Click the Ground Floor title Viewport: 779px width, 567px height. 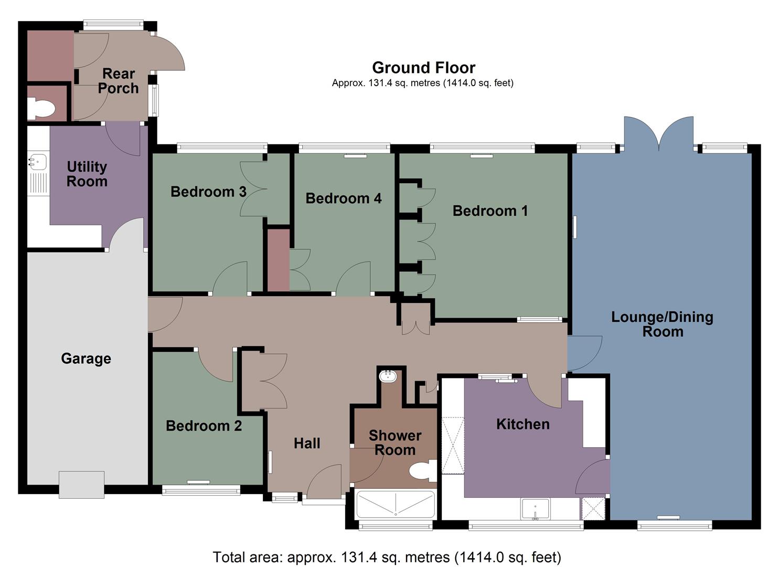pyautogui.click(x=423, y=68)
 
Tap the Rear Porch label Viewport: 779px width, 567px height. pyautogui.click(x=119, y=81)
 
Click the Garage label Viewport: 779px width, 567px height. pyautogui.click(x=86, y=359)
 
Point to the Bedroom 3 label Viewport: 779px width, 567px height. pyautogui.click(x=208, y=192)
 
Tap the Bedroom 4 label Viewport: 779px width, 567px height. pyautogui.click(x=343, y=198)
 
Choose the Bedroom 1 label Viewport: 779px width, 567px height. pyautogui.click(x=490, y=211)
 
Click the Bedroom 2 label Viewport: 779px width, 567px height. pyautogui.click(x=204, y=426)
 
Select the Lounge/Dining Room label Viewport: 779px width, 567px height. pyautogui.click(x=662, y=324)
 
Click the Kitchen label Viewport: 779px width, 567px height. pyautogui.click(x=522, y=424)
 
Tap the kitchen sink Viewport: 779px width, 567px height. pyautogui.click(x=535, y=509)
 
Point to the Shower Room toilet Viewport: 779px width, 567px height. pyautogui.click(x=422, y=470)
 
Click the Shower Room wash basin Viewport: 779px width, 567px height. pyautogui.click(x=388, y=376)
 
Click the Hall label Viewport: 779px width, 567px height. pyautogui.click(x=307, y=444)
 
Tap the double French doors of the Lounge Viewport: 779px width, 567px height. pyautogui.click(x=659, y=134)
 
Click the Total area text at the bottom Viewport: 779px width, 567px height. pyautogui.click(x=387, y=557)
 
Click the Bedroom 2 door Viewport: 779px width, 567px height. pyautogui.click(x=215, y=365)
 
